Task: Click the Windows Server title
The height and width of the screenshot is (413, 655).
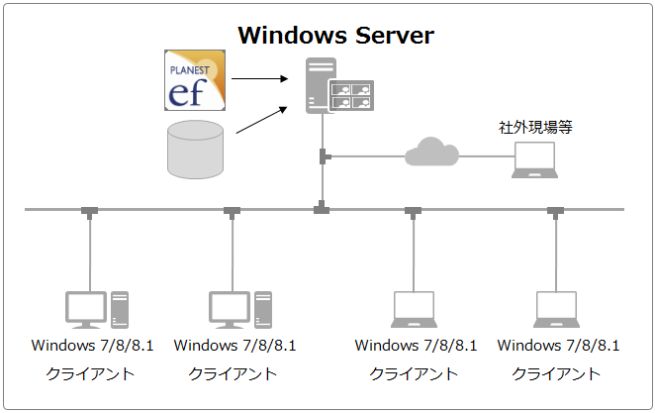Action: click(335, 37)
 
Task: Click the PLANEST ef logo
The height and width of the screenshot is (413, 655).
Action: click(195, 81)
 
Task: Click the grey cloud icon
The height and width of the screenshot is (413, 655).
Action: click(431, 152)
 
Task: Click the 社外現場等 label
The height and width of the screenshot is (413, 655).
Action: click(535, 127)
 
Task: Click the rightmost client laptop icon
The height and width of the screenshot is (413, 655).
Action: click(556, 309)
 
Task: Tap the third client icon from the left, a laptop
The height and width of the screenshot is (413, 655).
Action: click(414, 309)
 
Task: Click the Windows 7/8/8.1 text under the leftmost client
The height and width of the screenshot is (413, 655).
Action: click(93, 346)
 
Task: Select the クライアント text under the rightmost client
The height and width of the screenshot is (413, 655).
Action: click(556, 374)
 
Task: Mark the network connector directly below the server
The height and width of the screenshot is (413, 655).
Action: click(322, 209)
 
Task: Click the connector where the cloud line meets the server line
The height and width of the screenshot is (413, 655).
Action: click(324, 155)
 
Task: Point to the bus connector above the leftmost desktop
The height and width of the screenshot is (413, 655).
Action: click(90, 210)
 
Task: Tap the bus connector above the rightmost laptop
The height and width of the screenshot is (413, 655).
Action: click(556, 210)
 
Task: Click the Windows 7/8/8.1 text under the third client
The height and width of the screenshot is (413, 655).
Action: click(416, 346)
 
